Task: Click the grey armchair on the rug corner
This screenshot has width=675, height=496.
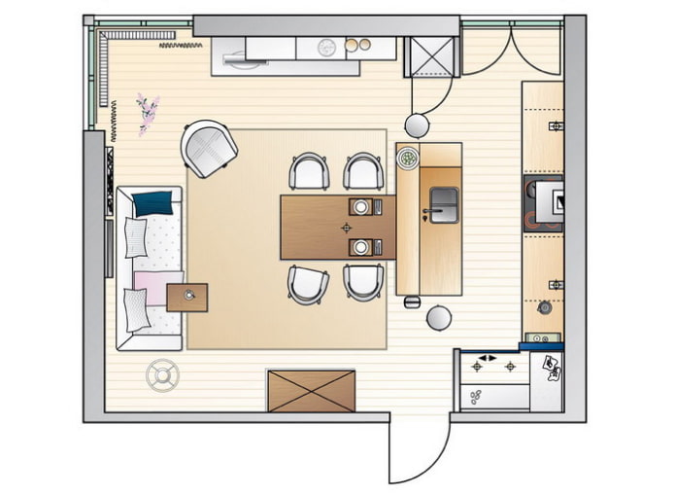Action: (x=209, y=149)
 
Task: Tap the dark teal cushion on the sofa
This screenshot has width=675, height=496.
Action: (x=152, y=203)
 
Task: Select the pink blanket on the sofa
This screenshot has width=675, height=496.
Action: (x=152, y=286)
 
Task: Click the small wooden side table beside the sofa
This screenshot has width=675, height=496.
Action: (x=187, y=297)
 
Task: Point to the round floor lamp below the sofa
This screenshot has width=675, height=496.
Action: (x=161, y=374)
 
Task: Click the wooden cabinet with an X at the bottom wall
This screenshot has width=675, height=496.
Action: (x=311, y=390)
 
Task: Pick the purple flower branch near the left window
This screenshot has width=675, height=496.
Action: (x=148, y=111)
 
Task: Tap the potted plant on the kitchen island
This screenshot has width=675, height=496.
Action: (x=408, y=156)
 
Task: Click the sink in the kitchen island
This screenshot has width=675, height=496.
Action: (x=441, y=203)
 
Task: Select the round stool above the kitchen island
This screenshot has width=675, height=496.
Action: (x=418, y=124)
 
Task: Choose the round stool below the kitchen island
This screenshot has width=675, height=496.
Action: (x=439, y=317)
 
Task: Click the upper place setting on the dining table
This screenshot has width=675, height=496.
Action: (x=365, y=206)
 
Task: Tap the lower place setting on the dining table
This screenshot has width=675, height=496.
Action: (x=363, y=246)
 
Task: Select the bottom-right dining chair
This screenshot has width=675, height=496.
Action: (x=363, y=282)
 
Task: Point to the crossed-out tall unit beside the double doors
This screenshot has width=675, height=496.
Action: (x=431, y=56)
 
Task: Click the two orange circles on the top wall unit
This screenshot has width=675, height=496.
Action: (x=358, y=44)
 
